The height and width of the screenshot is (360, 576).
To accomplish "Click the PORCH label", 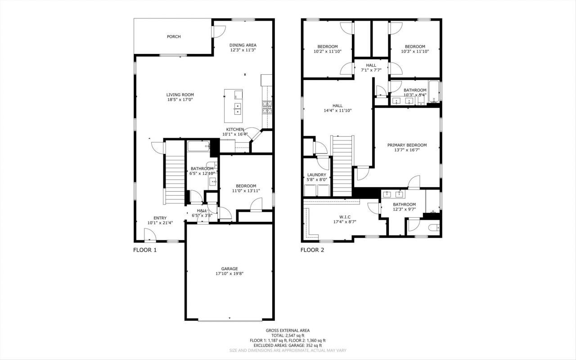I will [x=174, y=36].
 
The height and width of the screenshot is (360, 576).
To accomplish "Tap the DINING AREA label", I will [x=243, y=45].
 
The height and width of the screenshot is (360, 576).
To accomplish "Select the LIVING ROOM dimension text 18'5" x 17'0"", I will [x=180, y=100].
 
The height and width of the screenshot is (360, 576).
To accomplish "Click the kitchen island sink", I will [x=237, y=108].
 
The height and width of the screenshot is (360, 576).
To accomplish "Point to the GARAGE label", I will [x=229, y=269].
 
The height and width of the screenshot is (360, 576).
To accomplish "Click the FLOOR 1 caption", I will [x=145, y=250].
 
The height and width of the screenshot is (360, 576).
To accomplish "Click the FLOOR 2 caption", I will [x=312, y=250].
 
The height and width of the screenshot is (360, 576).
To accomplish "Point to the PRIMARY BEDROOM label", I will [x=407, y=145].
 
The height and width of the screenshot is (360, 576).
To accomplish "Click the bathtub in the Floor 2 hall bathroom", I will [x=433, y=92].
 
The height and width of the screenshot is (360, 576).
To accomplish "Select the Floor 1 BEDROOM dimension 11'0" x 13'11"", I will [x=244, y=191].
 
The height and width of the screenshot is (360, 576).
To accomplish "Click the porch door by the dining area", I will [x=218, y=31].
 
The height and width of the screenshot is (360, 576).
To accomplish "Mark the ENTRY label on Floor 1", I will [x=160, y=218].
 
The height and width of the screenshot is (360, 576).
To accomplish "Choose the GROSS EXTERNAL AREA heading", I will [x=288, y=330].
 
